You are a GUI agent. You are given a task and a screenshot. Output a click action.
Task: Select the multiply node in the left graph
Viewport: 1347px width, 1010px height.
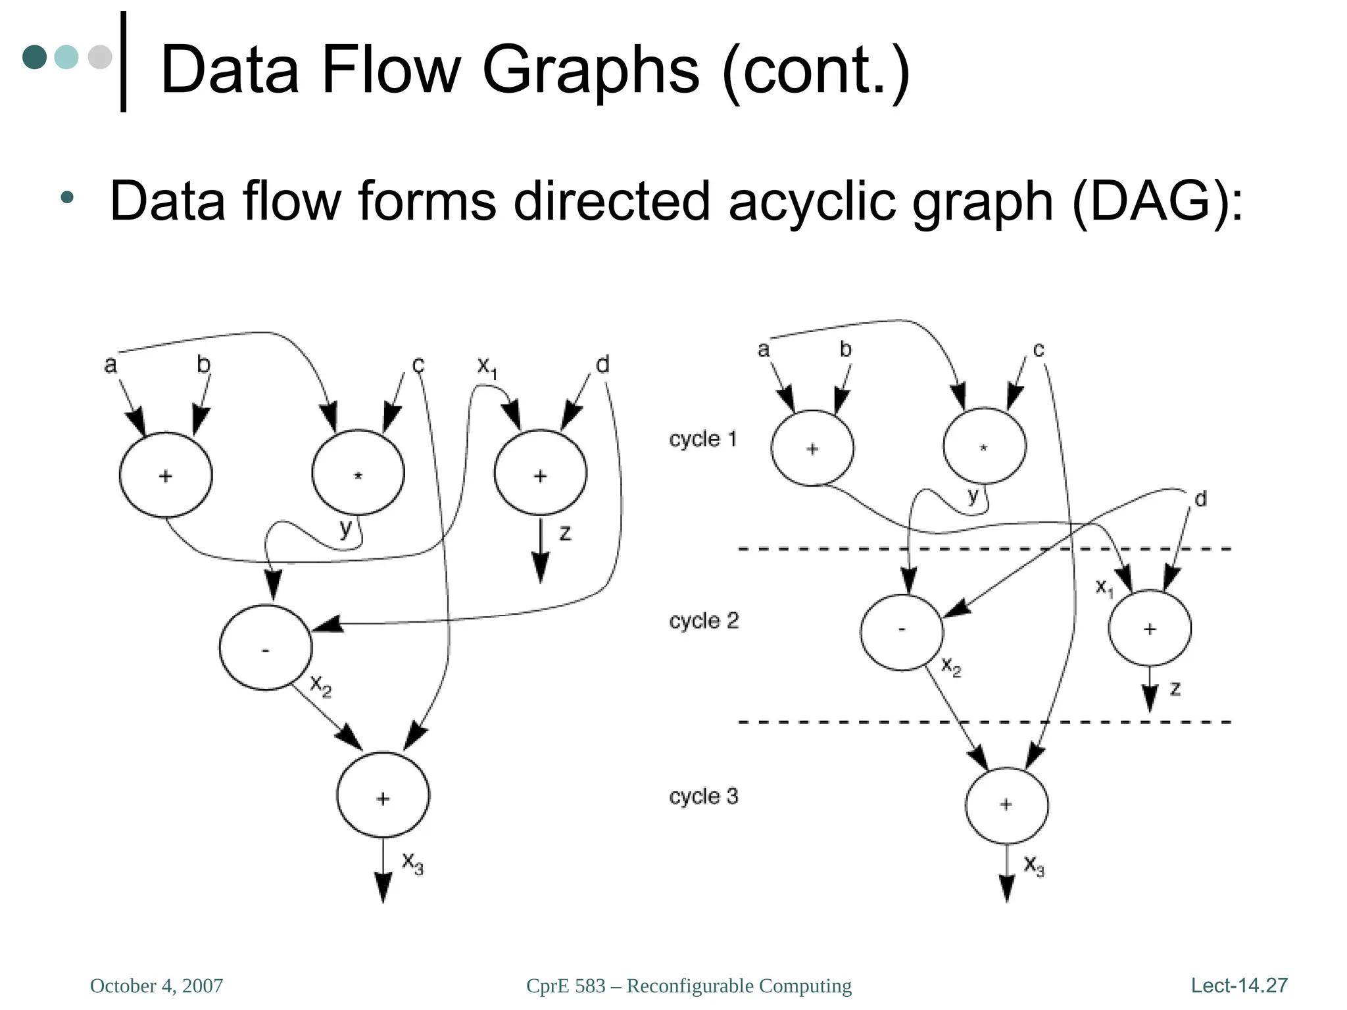click(358, 473)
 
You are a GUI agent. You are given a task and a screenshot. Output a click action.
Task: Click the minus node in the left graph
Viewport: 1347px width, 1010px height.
click(265, 648)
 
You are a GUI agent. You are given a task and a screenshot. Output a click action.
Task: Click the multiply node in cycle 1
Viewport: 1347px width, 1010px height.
click(984, 446)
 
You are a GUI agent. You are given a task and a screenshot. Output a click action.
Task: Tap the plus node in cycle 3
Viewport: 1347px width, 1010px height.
click(1006, 806)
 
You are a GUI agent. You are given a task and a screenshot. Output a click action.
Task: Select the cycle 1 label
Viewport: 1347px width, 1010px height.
click(702, 439)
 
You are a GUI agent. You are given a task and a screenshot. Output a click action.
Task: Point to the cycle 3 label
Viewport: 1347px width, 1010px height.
click(703, 796)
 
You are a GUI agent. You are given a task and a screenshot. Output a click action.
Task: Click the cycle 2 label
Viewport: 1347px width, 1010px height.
click(703, 621)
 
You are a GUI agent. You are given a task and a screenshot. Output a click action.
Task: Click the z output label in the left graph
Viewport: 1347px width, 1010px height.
click(565, 533)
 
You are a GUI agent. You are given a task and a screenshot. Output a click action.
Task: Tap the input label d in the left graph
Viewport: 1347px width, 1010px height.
click(602, 364)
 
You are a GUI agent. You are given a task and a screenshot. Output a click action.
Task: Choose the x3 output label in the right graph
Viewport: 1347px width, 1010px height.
click(1034, 865)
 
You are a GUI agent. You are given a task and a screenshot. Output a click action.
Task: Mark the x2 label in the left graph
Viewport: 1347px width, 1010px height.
click(321, 686)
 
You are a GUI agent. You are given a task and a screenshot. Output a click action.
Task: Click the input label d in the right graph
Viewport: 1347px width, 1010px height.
click(1200, 499)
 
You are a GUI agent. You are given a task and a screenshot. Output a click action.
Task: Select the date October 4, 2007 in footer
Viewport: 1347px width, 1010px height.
click(157, 986)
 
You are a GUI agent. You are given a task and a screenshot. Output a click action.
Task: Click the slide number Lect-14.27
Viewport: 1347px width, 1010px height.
click(1238, 985)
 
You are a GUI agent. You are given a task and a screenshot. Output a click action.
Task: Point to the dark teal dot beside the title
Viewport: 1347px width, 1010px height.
click(35, 57)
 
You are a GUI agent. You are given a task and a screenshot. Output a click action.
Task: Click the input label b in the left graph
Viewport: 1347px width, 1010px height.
click(203, 364)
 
